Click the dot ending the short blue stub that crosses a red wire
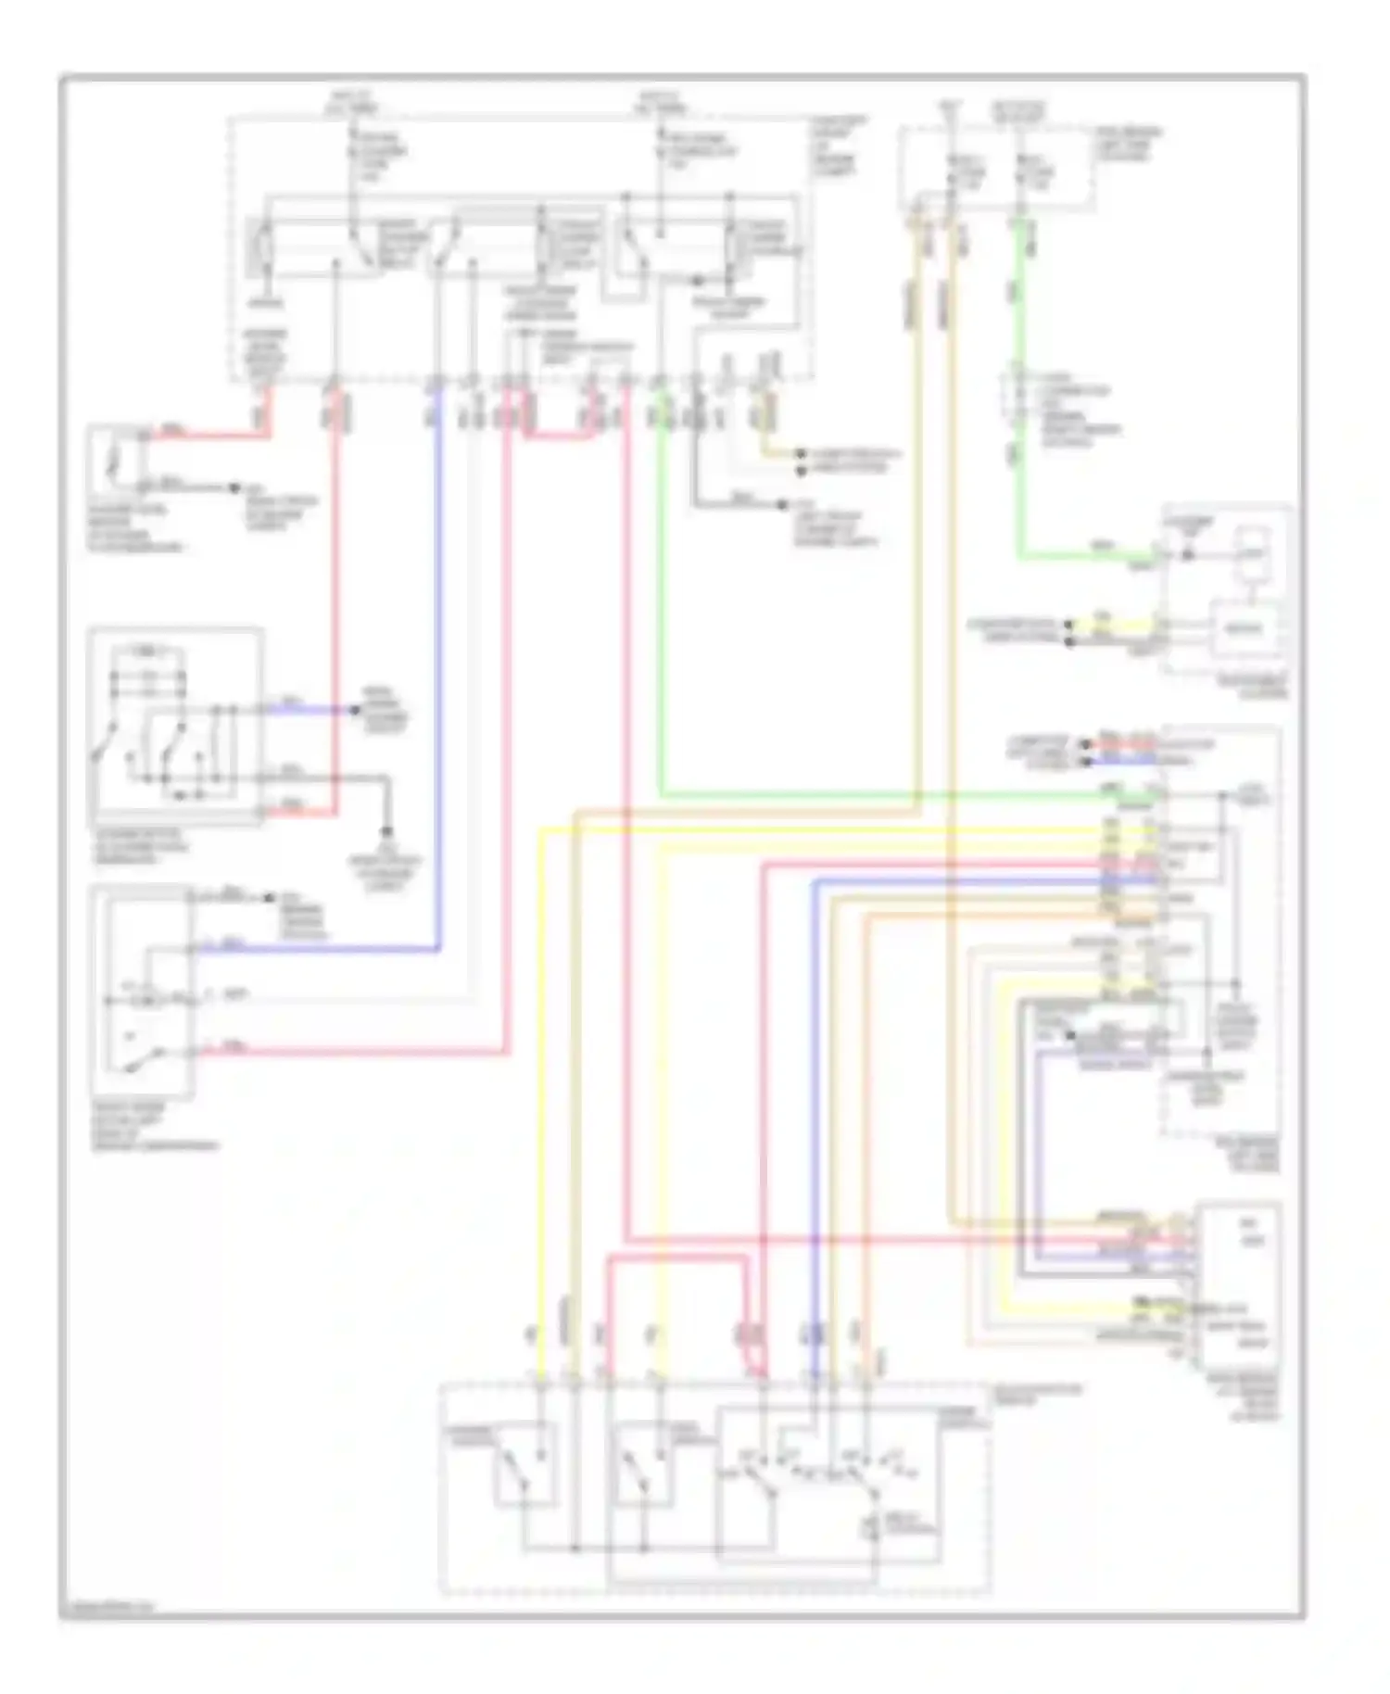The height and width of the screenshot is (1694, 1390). (354, 710)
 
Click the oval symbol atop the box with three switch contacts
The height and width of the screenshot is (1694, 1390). (148, 650)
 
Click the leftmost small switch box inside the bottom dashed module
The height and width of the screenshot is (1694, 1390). (526, 1462)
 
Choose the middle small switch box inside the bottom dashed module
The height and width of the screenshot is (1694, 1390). (643, 1462)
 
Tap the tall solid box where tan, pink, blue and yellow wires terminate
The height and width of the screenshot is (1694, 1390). (1238, 1285)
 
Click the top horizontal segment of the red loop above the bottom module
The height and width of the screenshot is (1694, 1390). (676, 1258)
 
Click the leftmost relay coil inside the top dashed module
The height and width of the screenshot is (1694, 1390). (263, 247)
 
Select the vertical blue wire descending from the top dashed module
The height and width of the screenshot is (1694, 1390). (437, 667)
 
